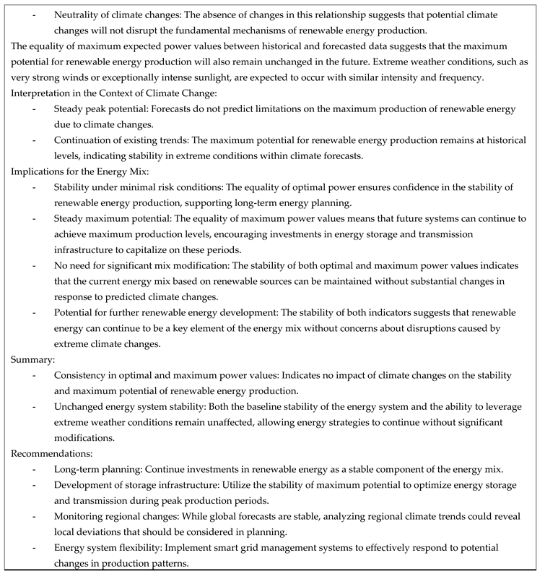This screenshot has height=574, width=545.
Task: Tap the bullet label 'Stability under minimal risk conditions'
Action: (136, 187)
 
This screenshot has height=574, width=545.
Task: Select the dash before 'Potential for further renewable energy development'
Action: (35, 312)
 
